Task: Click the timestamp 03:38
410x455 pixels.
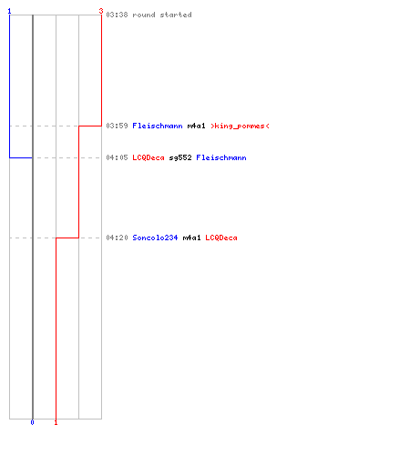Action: (x=117, y=15)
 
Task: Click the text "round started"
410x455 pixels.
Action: (x=162, y=15)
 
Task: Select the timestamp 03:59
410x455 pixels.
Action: (x=117, y=126)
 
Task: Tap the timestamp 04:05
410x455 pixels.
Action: (x=117, y=157)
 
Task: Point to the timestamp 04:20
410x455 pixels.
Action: (x=117, y=238)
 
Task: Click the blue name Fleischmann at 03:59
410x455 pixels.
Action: (x=158, y=126)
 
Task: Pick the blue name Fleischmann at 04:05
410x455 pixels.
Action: (x=221, y=157)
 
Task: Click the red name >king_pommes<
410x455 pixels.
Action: (x=240, y=126)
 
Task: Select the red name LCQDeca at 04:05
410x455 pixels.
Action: (x=149, y=157)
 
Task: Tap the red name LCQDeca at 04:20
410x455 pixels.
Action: (x=221, y=238)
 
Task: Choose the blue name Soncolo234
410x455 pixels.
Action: (x=155, y=238)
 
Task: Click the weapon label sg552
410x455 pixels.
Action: (x=180, y=157)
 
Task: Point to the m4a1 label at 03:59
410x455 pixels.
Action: (x=197, y=126)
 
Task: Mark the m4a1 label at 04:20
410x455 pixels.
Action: (x=192, y=238)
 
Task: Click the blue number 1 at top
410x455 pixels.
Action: (x=9, y=11)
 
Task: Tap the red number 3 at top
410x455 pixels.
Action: (x=101, y=11)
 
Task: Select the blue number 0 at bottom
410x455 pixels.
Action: (x=33, y=422)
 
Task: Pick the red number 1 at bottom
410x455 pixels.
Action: (x=56, y=422)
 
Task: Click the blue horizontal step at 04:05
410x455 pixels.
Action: (x=21, y=157)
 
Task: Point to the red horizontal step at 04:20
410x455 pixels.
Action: (x=67, y=238)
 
